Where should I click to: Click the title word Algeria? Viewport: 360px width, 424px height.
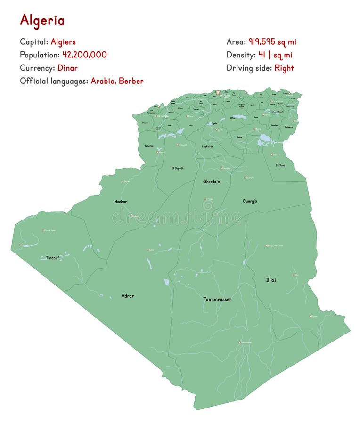point(42,20)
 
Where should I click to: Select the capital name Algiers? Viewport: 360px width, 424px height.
point(63,42)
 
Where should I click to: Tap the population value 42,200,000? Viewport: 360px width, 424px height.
point(85,55)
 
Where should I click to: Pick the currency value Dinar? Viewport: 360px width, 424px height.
point(67,68)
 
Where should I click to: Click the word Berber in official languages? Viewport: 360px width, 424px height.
point(131,81)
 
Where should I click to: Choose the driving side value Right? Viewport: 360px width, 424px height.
point(284,68)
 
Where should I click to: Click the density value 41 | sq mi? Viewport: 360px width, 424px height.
point(275,55)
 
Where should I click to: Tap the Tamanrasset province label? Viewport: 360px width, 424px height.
point(217,299)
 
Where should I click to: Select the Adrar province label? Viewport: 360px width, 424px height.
point(127,296)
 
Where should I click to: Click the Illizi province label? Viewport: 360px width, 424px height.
point(271,280)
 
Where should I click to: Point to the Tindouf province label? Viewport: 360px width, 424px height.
point(53,258)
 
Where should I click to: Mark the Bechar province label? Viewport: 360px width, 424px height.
point(120,201)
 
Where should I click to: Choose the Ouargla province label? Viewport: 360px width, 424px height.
point(250,201)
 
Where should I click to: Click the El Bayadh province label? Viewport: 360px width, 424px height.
point(178,168)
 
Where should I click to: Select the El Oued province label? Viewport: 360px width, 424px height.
point(280,165)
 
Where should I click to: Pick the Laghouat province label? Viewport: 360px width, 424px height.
point(207,147)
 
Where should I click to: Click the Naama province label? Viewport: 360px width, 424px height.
point(149,146)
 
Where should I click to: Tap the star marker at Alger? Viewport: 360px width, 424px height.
point(218,92)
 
